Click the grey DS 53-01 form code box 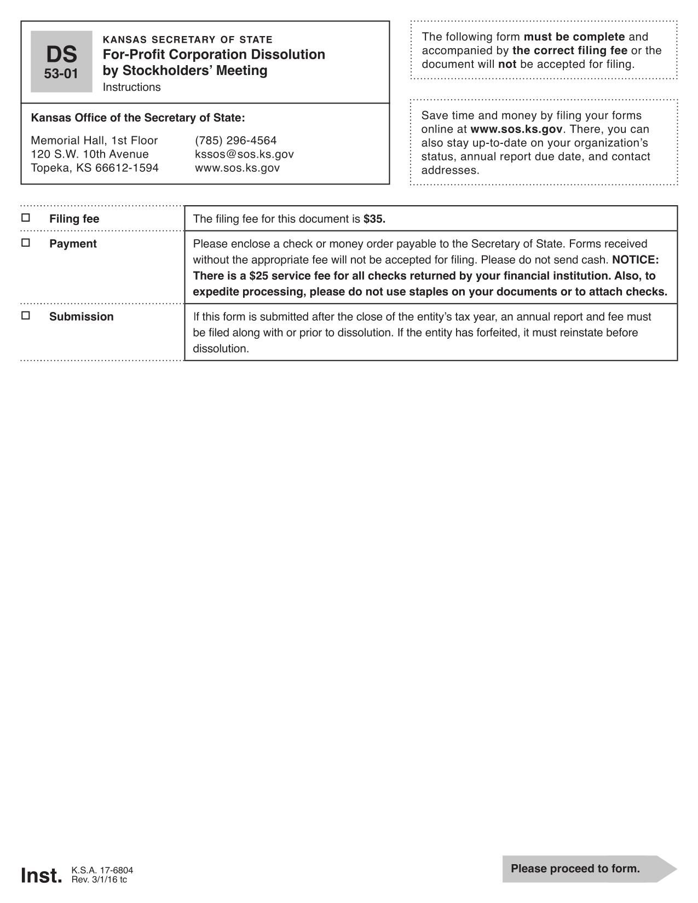[x=61, y=61]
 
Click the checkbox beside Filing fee [x=26, y=218]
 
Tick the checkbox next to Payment [x=26, y=242]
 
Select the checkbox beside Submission [x=26, y=315]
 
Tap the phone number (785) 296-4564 [x=236, y=141]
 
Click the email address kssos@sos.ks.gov [x=244, y=154]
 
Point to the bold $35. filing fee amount [x=374, y=219]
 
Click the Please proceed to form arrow [x=589, y=869]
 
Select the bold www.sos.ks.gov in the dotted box [x=516, y=130]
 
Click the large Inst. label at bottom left [x=42, y=876]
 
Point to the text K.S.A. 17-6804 [x=102, y=870]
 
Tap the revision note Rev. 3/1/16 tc [x=99, y=879]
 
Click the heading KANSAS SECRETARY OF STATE [x=188, y=40]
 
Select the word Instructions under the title [x=132, y=88]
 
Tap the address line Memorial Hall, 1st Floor [x=94, y=141]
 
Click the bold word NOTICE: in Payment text [x=636, y=259]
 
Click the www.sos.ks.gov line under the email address [x=237, y=168]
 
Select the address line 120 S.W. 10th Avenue [x=90, y=154]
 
